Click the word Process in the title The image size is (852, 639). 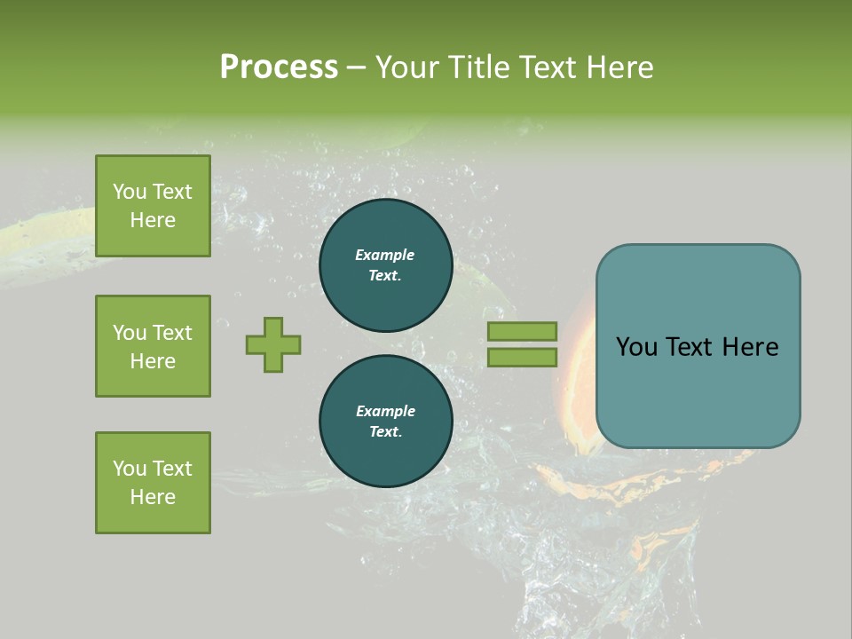coord(279,67)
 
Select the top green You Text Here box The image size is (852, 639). coord(153,206)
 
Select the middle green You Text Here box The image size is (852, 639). coord(153,346)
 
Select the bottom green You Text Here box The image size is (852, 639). coord(153,483)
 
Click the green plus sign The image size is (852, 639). coord(273,344)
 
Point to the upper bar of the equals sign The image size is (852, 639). coord(522,331)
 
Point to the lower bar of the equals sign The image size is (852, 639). coord(522,357)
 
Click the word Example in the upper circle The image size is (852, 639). coord(385,255)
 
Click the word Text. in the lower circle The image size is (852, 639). coord(385,431)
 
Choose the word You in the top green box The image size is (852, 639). coord(129,192)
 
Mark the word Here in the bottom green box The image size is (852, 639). coord(153,497)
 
